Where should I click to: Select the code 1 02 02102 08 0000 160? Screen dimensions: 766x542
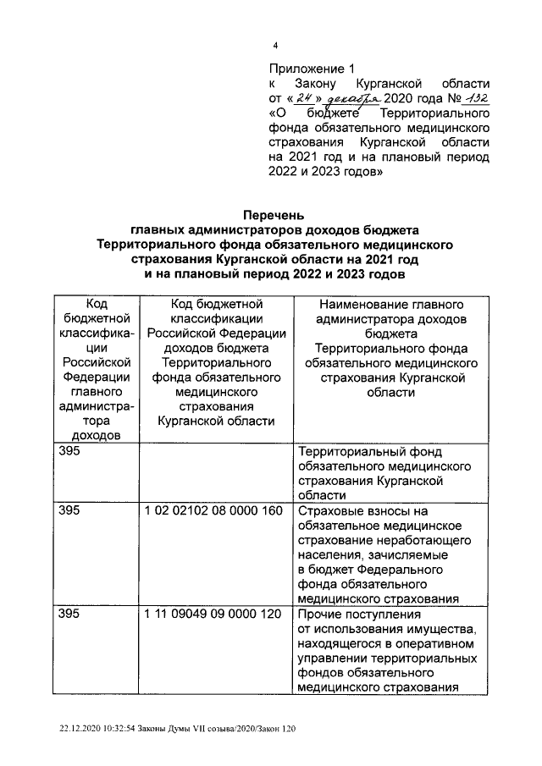(x=213, y=511)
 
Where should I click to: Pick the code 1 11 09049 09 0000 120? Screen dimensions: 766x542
(x=213, y=614)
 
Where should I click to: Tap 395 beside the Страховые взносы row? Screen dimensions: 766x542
(x=68, y=511)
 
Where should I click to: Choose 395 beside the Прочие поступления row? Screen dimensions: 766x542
(x=68, y=614)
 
